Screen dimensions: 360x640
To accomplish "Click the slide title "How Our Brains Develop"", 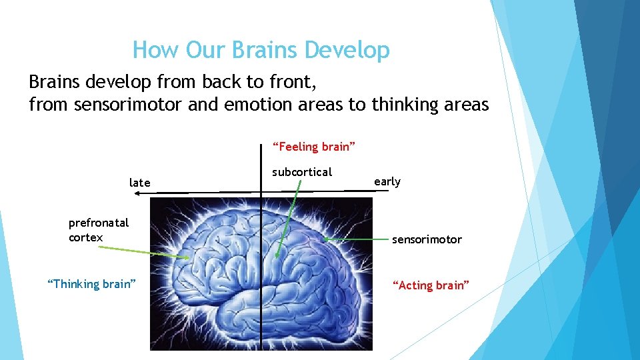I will pos(261,50).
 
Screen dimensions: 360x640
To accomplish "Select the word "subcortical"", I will pos(301,172).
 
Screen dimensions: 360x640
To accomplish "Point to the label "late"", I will pos(140,183).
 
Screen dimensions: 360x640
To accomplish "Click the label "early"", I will pos(387,181).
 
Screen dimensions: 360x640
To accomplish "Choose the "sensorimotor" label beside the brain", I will pos(427,239).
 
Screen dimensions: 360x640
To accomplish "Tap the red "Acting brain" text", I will pos(431,285).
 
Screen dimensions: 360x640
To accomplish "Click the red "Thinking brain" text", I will pos(91,284).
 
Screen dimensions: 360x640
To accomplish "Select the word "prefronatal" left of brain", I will pos(99,223).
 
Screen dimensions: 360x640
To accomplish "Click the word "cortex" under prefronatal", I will pos(85,237).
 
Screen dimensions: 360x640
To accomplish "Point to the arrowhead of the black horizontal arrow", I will pos(136,193).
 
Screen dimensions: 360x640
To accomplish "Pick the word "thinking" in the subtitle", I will pos(402,105).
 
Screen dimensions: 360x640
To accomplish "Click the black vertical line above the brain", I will pos(261,167).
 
